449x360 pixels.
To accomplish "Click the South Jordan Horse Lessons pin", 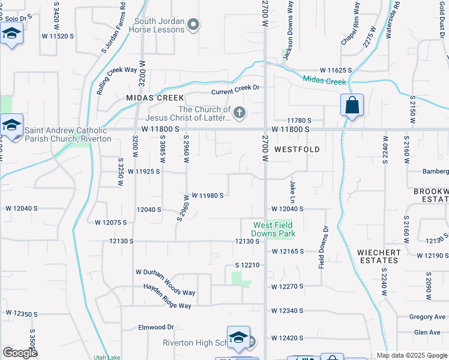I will [x=193, y=25].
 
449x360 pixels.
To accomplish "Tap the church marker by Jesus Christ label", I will [x=240, y=113].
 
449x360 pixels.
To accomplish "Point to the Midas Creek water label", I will [x=325, y=80].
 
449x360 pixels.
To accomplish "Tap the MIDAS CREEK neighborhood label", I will [x=154, y=97].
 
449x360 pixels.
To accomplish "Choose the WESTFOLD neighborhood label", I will [x=297, y=149].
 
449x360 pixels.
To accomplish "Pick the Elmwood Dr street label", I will [x=155, y=327].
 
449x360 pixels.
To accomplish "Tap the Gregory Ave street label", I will [x=427, y=317].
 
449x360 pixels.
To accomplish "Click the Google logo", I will [x=20, y=353].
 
